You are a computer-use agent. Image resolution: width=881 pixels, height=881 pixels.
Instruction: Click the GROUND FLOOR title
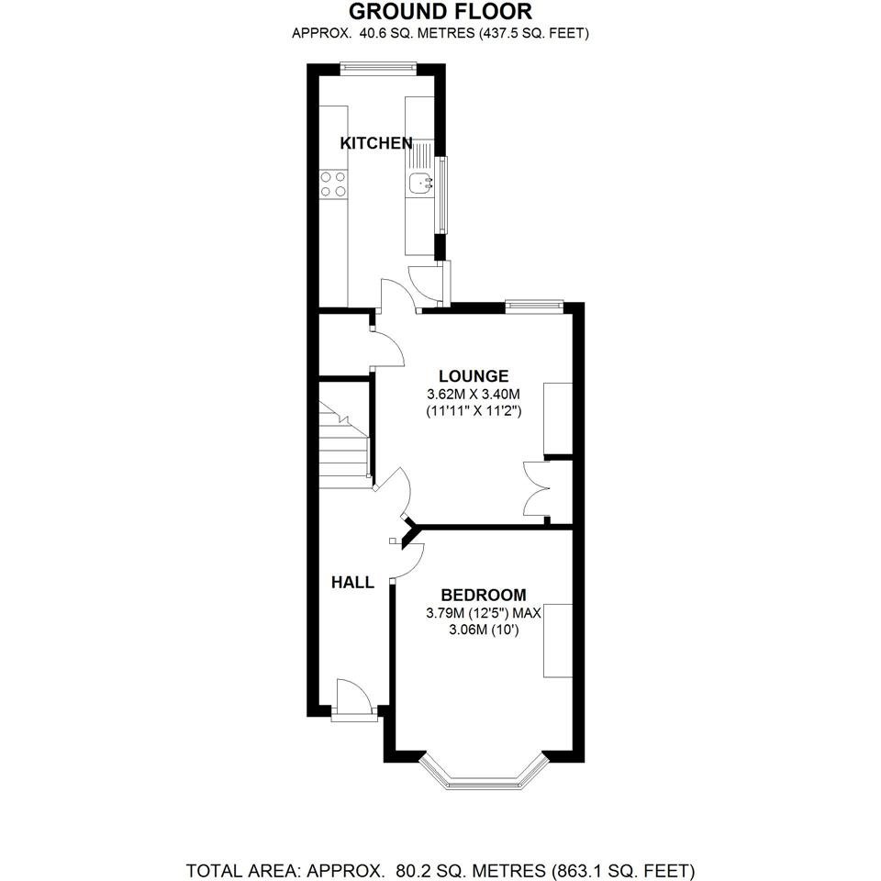(440, 11)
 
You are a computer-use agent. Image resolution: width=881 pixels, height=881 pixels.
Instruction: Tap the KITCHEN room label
(376, 143)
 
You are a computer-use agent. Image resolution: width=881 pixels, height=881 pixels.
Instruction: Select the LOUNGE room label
(474, 376)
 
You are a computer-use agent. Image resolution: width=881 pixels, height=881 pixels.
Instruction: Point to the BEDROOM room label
(484, 595)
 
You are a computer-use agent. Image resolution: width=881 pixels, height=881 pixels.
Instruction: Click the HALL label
(352, 583)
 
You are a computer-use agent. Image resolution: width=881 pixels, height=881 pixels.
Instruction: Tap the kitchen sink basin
(419, 183)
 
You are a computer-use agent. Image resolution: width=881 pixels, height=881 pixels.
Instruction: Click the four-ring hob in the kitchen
(333, 184)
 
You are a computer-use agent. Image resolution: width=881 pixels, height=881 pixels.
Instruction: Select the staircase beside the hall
(343, 444)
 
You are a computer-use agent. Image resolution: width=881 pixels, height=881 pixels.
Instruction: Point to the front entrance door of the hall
(354, 699)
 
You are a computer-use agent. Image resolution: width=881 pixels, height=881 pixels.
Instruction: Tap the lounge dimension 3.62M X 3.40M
(474, 394)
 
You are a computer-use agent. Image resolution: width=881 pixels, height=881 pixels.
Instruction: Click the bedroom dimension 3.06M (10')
(484, 630)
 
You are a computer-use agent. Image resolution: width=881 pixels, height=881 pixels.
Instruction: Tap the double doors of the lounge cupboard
(535, 489)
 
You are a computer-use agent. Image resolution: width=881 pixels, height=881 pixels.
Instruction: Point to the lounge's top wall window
(534, 306)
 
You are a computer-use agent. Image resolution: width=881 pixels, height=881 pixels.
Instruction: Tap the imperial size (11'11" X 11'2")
(474, 411)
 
